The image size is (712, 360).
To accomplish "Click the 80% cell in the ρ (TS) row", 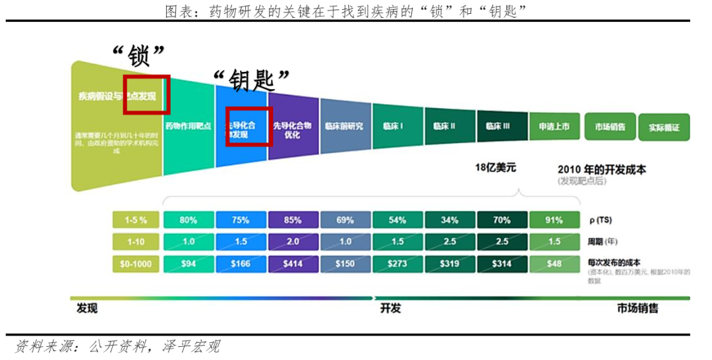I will click(x=189, y=220).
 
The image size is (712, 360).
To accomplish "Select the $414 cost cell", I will click(x=293, y=264).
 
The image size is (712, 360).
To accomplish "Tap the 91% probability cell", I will click(x=554, y=220).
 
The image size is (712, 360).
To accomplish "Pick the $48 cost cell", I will click(x=554, y=264).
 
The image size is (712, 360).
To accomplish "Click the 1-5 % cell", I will click(x=135, y=220).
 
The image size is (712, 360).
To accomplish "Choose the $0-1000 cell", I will click(x=135, y=264).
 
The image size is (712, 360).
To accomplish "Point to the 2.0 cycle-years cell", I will click(x=293, y=242).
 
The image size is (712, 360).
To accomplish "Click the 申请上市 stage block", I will click(x=554, y=126).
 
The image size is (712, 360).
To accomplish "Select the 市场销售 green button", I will click(x=609, y=127).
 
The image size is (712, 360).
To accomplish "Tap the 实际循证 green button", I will click(x=663, y=128).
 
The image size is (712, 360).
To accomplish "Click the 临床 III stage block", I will click(x=502, y=126).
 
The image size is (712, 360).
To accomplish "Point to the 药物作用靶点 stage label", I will click(x=189, y=126).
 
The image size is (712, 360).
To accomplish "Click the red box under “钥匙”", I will click(x=248, y=126).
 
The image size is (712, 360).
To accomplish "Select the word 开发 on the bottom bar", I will click(x=390, y=309).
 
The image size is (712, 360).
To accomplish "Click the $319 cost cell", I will click(x=450, y=264).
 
